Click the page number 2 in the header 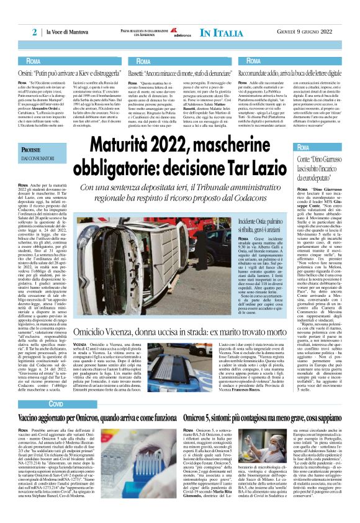(35, 32)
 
